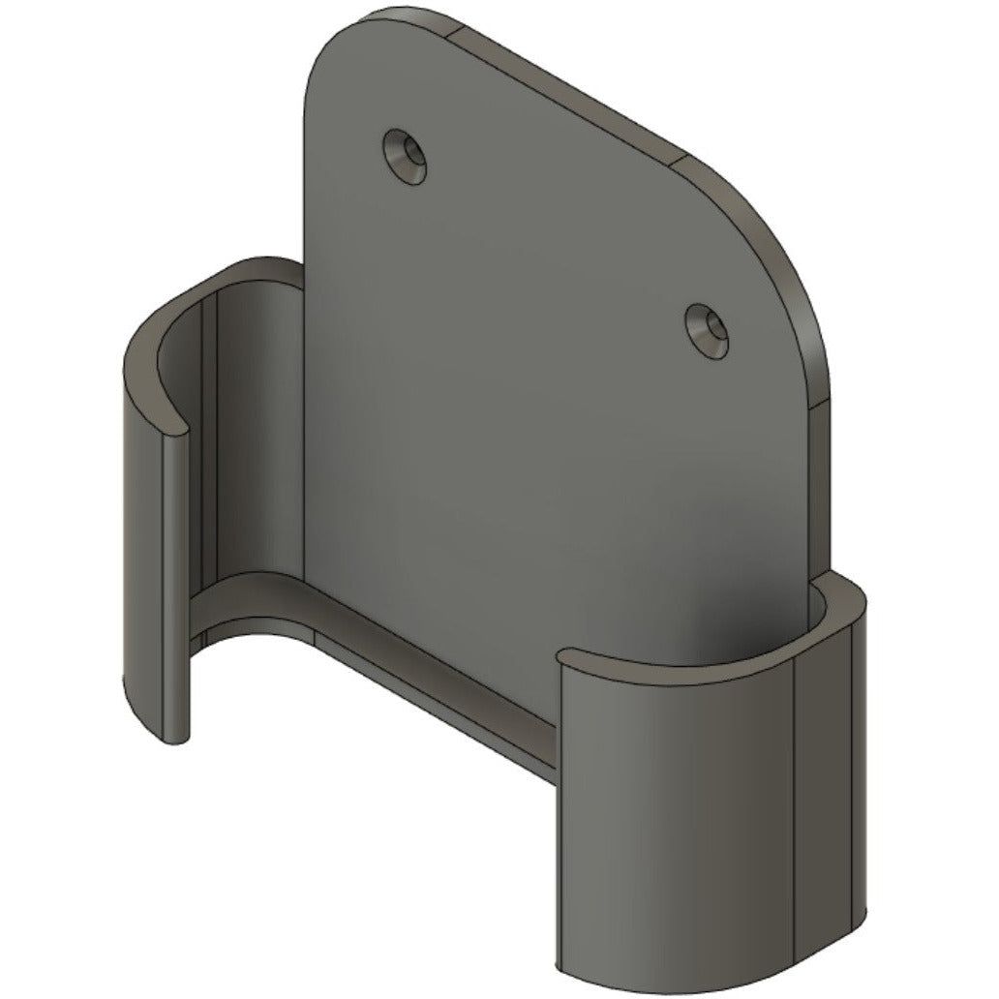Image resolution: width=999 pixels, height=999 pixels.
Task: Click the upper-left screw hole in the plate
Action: pos(407,155)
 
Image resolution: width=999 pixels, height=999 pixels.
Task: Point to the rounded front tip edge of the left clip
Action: pos(176,581)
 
